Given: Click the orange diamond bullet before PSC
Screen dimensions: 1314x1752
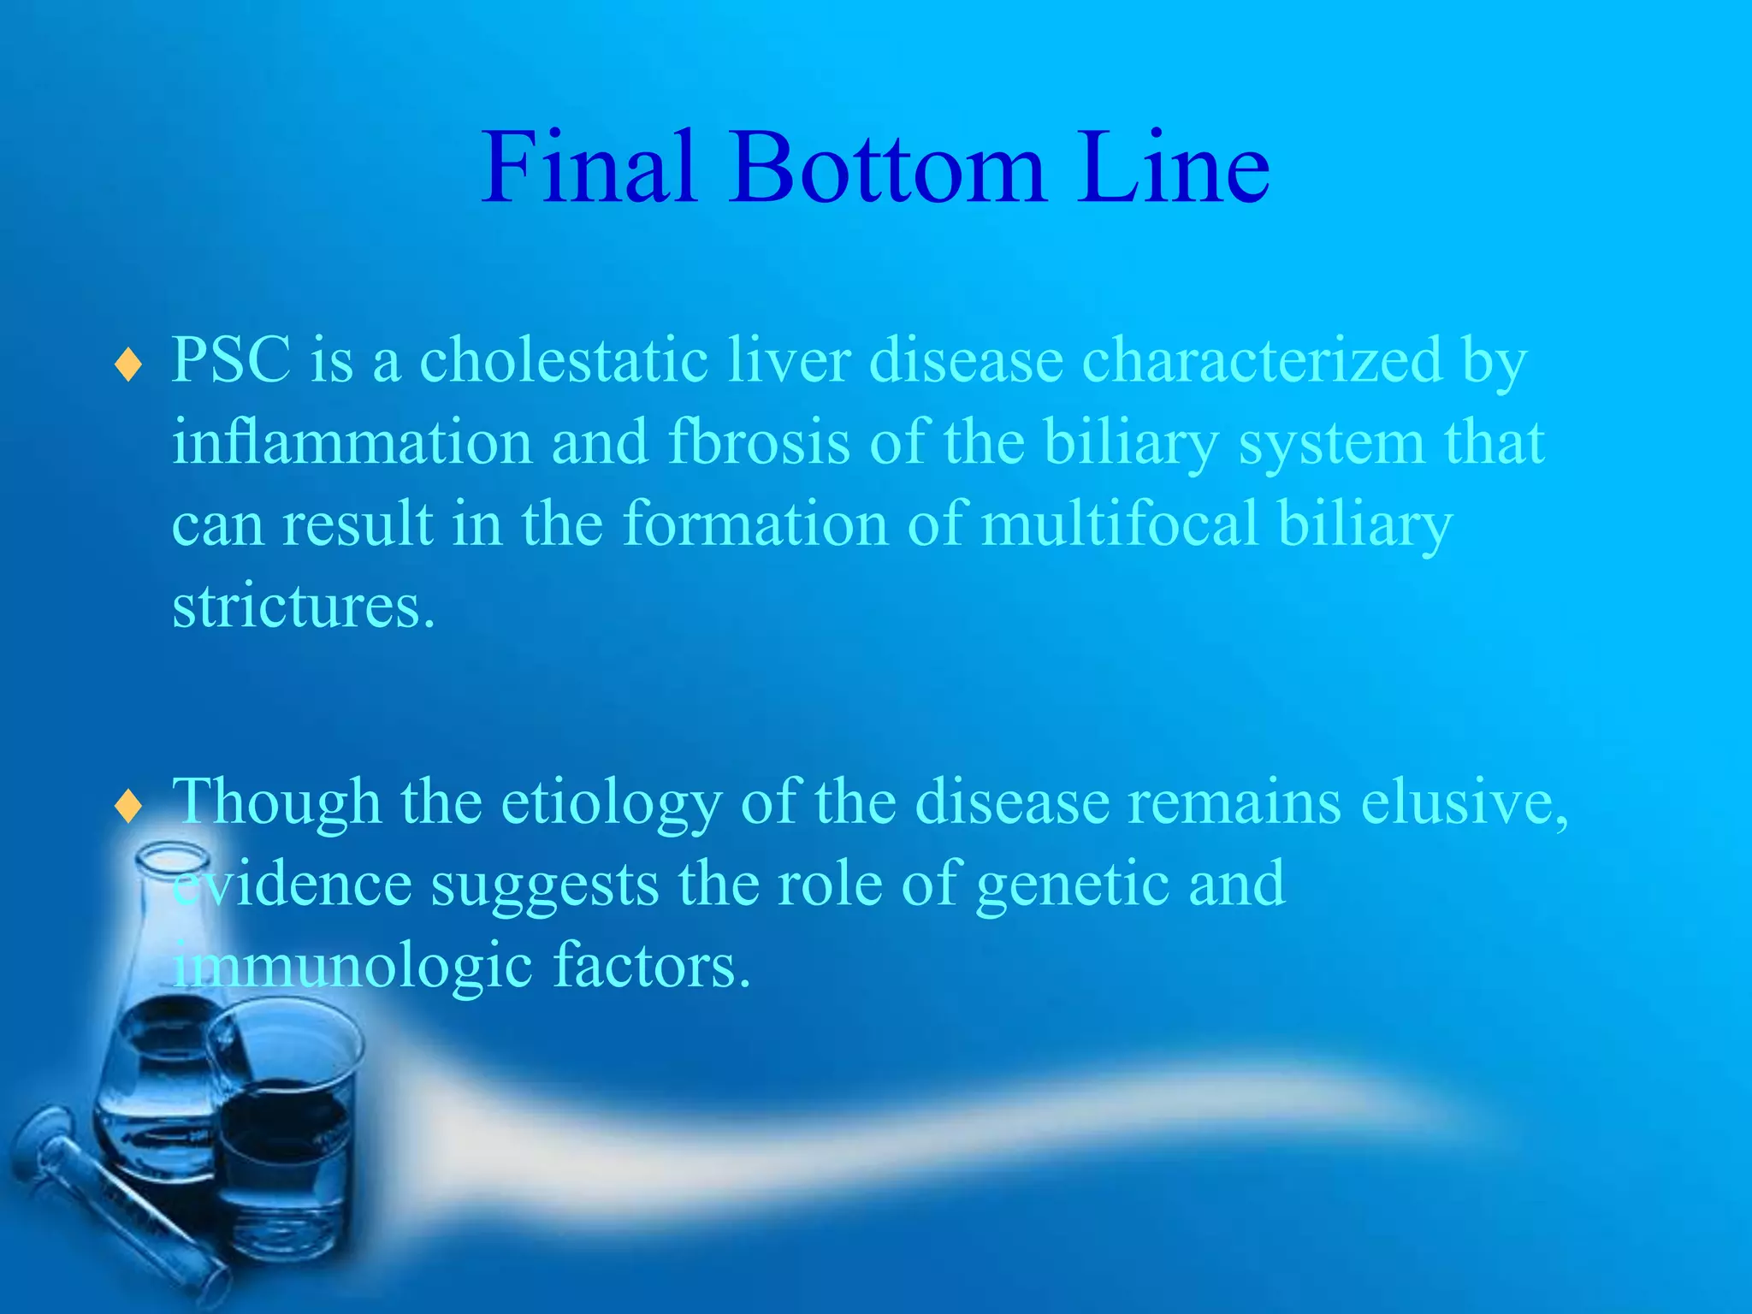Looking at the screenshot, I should tap(128, 365).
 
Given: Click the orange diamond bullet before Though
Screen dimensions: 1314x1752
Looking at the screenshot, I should tap(128, 806).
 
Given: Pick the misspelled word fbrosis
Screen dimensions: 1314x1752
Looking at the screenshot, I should tap(759, 443).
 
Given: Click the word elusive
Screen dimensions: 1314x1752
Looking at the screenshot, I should tap(1463, 802).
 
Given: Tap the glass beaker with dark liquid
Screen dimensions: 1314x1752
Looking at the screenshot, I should tap(287, 1138).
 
